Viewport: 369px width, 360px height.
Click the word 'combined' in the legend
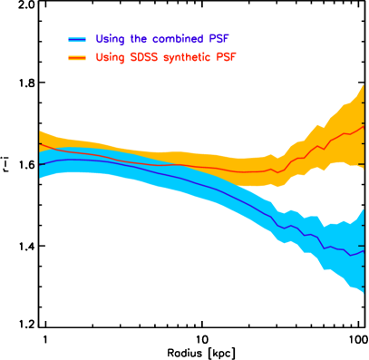(174, 39)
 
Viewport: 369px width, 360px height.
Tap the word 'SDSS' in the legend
(138, 57)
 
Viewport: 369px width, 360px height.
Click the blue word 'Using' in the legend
(110, 39)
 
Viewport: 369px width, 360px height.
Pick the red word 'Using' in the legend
(110, 57)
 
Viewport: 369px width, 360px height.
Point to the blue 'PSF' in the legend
(218, 39)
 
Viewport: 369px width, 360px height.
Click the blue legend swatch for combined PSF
(77, 40)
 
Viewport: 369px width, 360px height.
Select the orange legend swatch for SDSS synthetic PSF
(77, 58)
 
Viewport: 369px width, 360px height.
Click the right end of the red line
(364, 126)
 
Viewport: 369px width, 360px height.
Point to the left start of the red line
(39, 143)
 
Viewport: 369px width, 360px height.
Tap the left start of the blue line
(39, 164)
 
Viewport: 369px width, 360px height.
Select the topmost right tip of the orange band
(364, 84)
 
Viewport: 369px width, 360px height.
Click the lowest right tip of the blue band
(364, 293)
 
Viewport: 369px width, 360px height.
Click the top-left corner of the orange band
(39, 130)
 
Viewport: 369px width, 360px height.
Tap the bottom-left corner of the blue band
(39, 179)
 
